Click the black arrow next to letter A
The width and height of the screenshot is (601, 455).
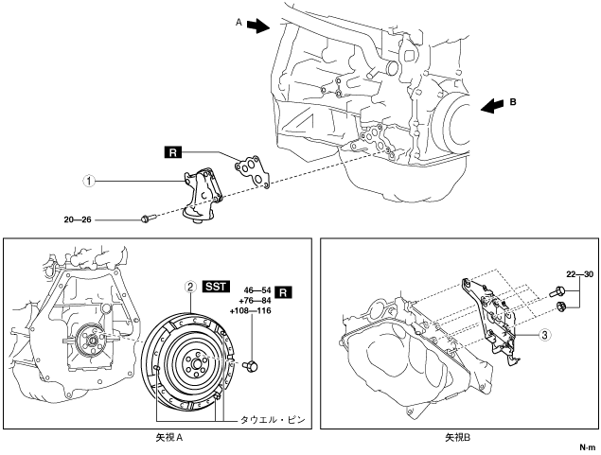coord(258,26)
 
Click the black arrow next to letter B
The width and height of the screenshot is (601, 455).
coord(492,106)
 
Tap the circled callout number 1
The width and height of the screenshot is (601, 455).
coord(89,181)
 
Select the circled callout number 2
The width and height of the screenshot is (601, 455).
coord(189,287)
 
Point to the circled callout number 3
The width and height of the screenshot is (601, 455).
coord(544,335)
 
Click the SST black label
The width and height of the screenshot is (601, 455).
coord(216,287)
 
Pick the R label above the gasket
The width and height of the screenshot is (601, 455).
coord(173,152)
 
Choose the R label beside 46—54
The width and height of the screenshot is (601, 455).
coord(283,292)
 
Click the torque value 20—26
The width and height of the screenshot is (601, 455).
coord(78,219)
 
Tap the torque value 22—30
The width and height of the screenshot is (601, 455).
coord(580,274)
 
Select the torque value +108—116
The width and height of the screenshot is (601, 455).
coord(250,310)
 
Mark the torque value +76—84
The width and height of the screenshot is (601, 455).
coord(255,301)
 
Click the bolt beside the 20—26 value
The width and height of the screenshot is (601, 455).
coord(148,219)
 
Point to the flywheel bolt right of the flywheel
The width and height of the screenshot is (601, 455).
coord(251,365)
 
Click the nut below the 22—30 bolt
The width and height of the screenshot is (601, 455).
coord(560,306)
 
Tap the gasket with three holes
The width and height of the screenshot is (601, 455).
coord(253,171)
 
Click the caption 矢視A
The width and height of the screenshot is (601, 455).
coord(169,437)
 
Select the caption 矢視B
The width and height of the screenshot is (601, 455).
coord(457,437)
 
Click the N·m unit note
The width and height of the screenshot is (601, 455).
coord(587,446)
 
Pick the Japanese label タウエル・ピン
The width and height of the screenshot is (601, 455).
coord(273,420)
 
